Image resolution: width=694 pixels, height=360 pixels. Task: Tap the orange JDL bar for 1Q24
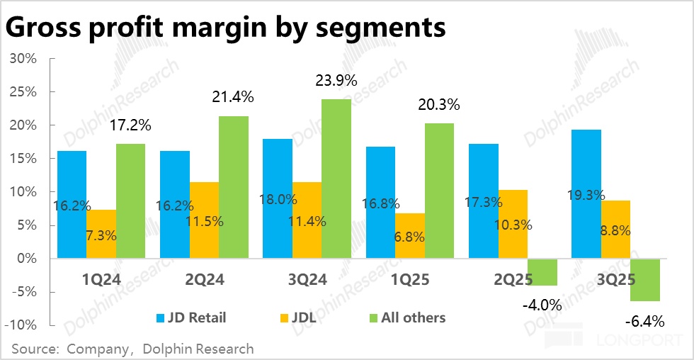[x=102, y=234]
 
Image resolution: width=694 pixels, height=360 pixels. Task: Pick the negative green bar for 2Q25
[x=542, y=272]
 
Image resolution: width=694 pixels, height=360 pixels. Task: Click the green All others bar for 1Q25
[x=440, y=191]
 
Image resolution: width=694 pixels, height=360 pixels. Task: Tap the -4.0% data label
[x=542, y=305]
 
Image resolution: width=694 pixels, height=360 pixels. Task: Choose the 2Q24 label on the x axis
[x=204, y=280]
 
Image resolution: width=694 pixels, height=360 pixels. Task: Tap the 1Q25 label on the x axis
[x=410, y=280]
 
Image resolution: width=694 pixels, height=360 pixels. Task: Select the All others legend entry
[x=406, y=317]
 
